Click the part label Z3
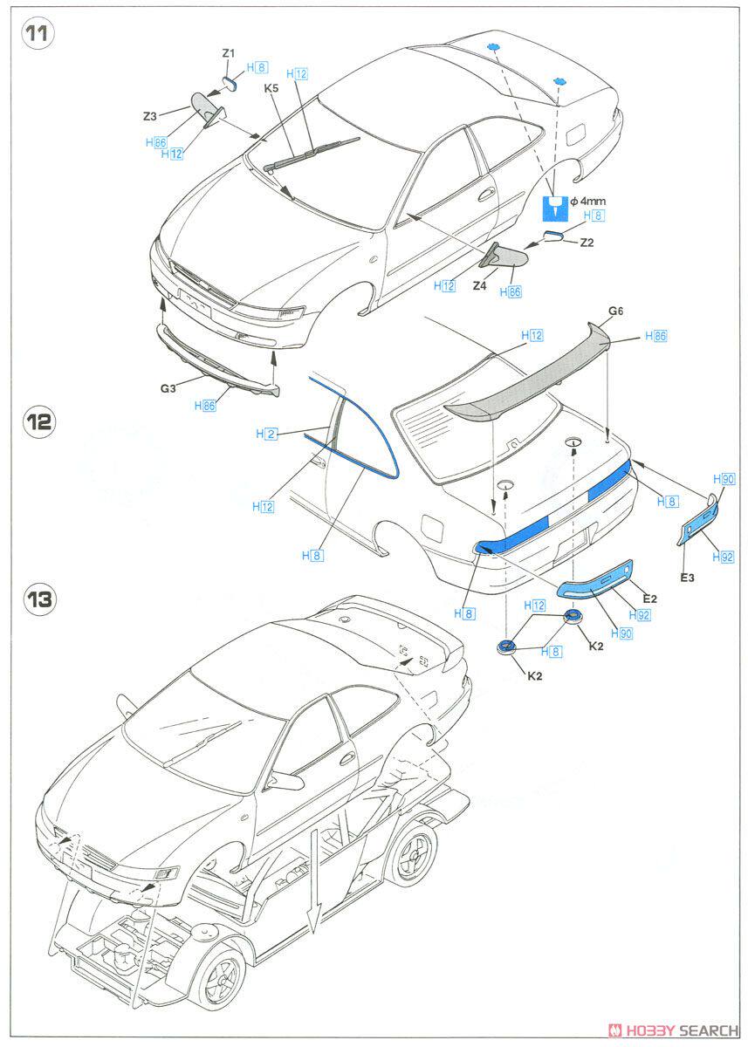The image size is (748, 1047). (150, 115)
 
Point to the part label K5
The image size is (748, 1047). (271, 87)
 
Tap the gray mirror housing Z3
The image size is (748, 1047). (207, 108)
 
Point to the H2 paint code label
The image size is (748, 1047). (267, 433)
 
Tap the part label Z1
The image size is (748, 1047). (228, 53)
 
